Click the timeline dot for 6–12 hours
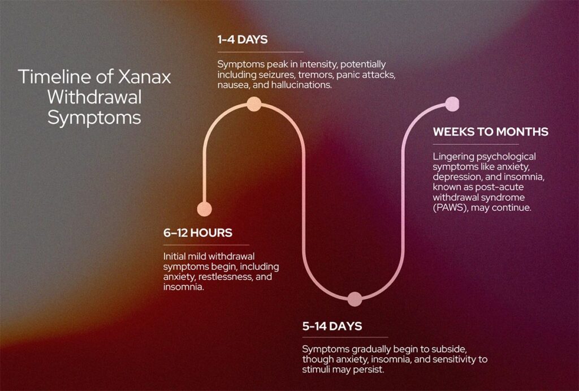[204, 209]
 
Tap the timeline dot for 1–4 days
[254, 104]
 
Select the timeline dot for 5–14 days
[355, 299]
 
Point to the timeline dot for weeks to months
[452, 104]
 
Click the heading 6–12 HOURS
[198, 233]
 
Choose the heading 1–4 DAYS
[243, 40]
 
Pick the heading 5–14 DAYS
[332, 326]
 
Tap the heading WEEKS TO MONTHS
[490, 132]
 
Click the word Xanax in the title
[144, 77]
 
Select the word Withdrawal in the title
[94, 97]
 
